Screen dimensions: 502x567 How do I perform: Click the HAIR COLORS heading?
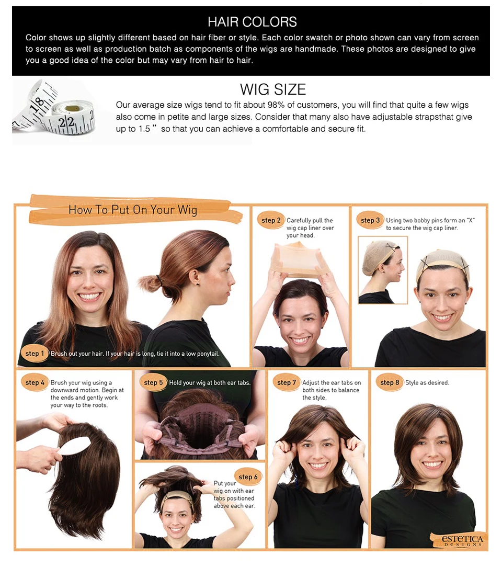[252, 21]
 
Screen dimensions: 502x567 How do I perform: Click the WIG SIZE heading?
[273, 89]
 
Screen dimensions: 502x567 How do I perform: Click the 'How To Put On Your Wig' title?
[133, 210]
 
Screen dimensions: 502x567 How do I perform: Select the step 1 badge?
[35, 353]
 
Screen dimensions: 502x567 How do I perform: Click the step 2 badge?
[271, 220]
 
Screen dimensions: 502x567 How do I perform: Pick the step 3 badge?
[370, 220]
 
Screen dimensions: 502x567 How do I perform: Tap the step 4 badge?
[35, 382]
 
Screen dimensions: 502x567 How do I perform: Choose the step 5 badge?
[153, 382]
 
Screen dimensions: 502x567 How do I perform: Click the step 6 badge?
[248, 477]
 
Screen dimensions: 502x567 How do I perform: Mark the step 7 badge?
[287, 382]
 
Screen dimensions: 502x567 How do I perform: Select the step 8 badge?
[389, 382]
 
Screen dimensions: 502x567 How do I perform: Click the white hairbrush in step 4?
[74, 446]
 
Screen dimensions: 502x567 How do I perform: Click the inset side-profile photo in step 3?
[383, 270]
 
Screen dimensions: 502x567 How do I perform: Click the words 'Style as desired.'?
[427, 382]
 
